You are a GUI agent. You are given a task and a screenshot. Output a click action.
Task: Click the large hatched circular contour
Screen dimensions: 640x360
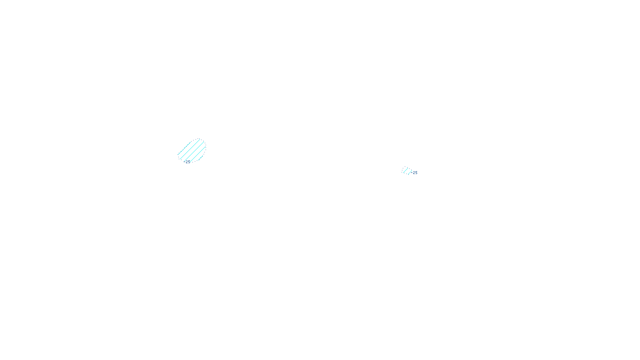click(192, 150)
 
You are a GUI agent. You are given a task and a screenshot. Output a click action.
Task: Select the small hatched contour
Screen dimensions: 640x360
click(406, 171)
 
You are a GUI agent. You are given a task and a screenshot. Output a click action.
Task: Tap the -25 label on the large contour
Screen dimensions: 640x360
click(187, 162)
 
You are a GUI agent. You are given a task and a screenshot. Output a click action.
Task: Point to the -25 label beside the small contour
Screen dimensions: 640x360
click(414, 173)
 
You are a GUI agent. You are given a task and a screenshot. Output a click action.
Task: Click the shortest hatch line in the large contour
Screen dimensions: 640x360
click(200, 158)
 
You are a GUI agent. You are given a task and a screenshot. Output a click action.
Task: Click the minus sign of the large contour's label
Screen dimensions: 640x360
click(185, 162)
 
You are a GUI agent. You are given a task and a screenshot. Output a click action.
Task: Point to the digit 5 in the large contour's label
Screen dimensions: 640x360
click(189, 162)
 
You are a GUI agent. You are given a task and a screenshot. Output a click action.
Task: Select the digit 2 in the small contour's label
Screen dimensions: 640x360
click(414, 173)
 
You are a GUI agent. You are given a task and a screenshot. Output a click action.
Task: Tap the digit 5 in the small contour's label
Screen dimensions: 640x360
click(416, 173)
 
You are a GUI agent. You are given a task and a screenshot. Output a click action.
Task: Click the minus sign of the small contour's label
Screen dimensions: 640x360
click(412, 173)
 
